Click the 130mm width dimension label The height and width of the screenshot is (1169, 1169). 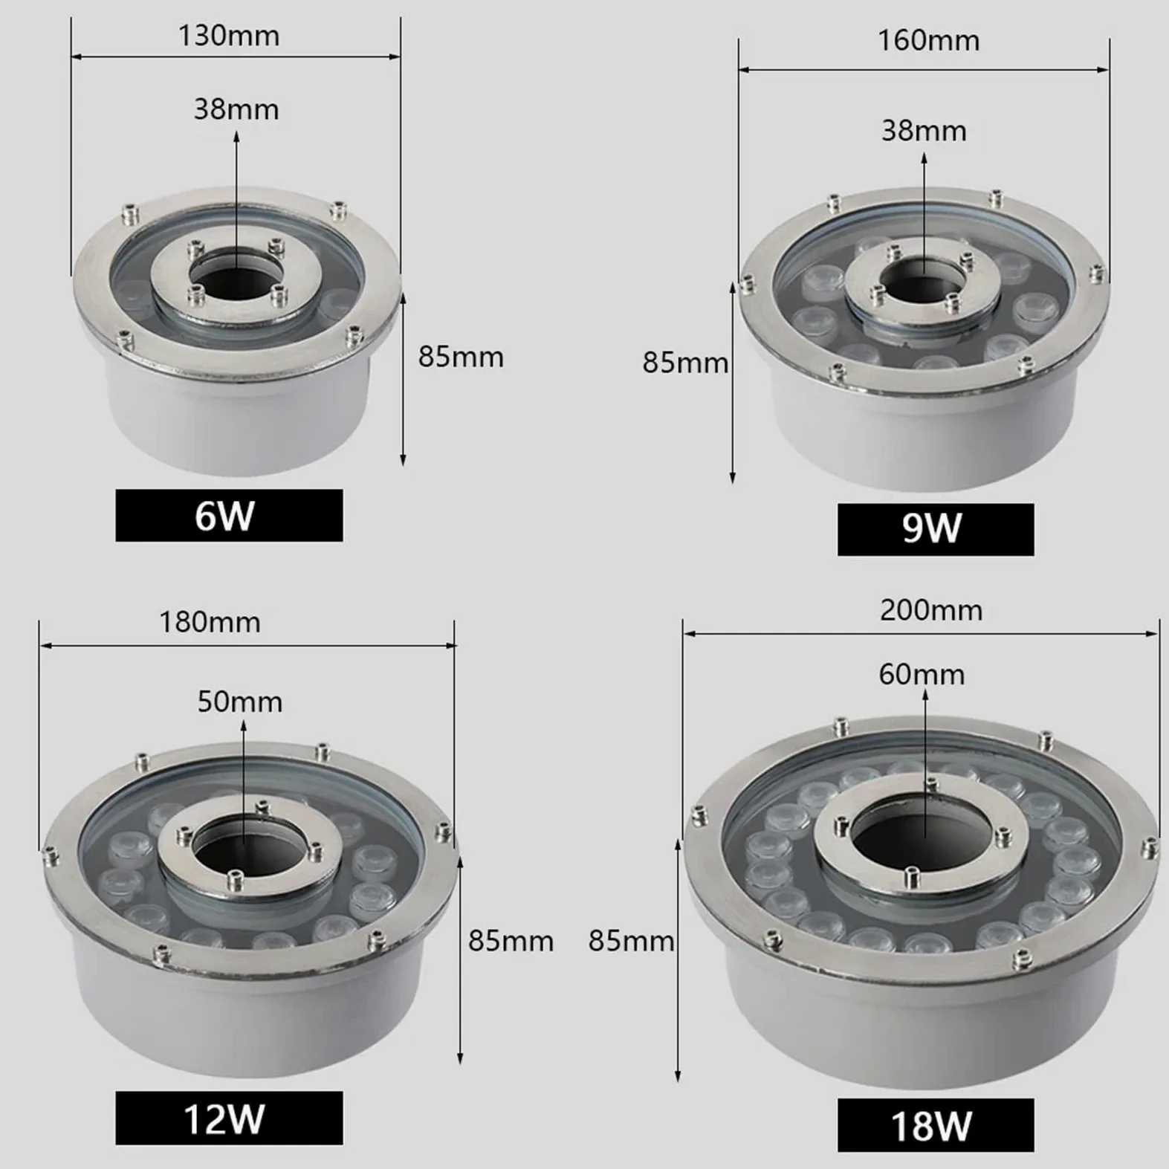[x=229, y=36]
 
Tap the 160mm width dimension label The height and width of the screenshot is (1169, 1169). [x=929, y=40]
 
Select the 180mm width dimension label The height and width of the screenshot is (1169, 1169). [x=210, y=622]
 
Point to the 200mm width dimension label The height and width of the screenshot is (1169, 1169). [x=931, y=610]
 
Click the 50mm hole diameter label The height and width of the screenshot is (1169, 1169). [x=240, y=702]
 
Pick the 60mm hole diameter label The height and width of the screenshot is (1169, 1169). [x=922, y=674]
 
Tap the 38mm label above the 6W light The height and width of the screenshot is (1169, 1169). [x=236, y=109]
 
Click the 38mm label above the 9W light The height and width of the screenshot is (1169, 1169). [x=924, y=131]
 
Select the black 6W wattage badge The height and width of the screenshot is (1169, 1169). [x=229, y=515]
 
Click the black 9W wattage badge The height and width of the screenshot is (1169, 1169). [x=935, y=529]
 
